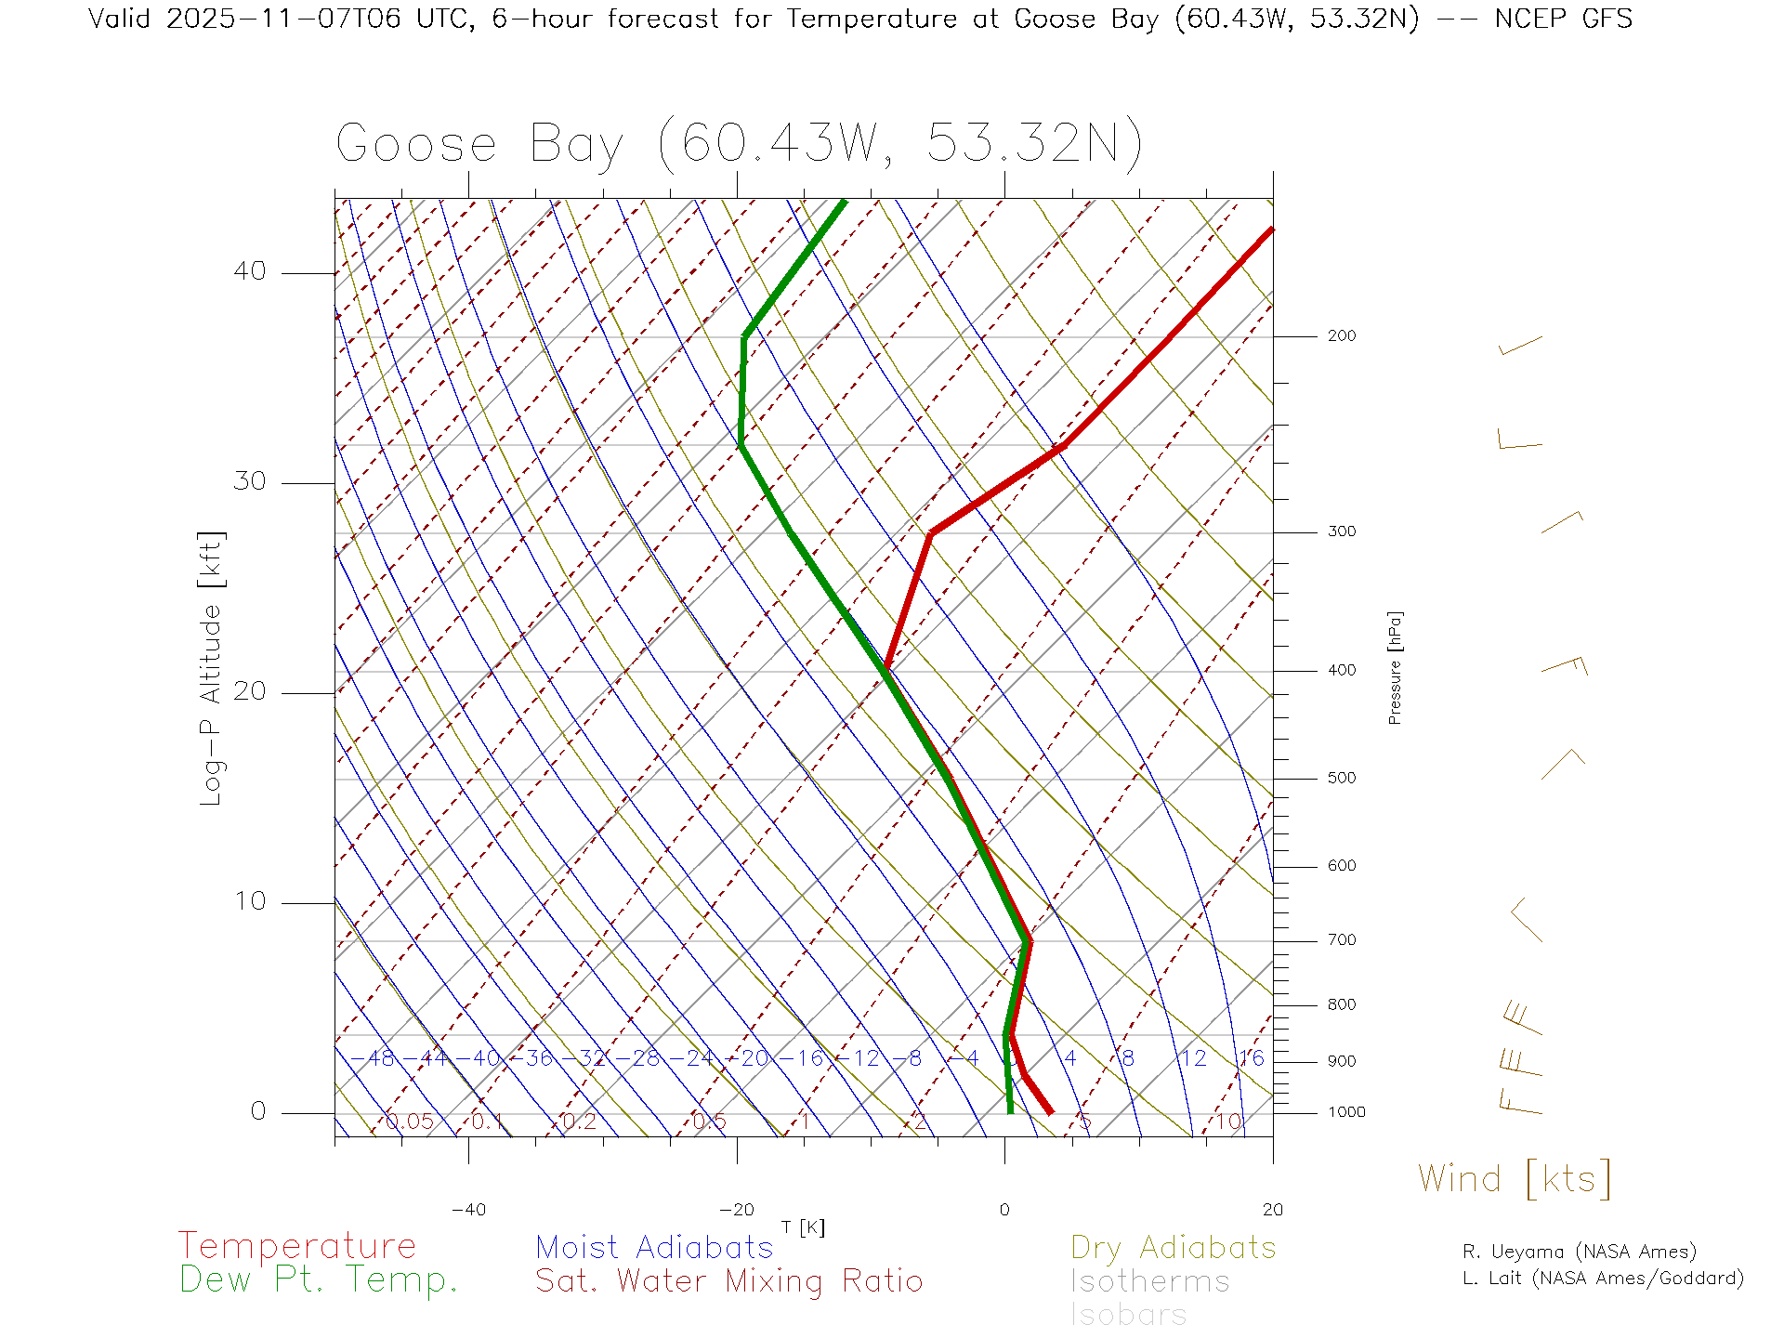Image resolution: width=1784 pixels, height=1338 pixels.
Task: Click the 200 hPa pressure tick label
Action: click(x=1341, y=336)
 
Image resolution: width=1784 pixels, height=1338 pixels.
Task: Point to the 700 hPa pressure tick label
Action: click(x=1341, y=940)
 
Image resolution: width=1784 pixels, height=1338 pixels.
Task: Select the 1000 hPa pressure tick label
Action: click(x=1345, y=1112)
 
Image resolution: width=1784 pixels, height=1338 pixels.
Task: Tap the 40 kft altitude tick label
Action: click(x=249, y=271)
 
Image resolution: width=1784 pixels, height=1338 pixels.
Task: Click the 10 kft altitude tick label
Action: click(x=249, y=901)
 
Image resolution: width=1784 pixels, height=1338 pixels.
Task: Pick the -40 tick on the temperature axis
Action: click(x=468, y=1210)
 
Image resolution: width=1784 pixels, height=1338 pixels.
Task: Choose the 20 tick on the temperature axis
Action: click(x=1272, y=1210)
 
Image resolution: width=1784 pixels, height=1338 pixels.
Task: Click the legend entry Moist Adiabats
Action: click(x=654, y=1248)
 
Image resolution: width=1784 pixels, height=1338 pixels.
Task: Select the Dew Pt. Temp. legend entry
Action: click(x=319, y=1280)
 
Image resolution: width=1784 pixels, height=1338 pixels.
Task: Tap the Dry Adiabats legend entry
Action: click(x=1173, y=1248)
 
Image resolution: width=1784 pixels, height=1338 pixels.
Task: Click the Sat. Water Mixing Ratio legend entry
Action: click(x=728, y=1281)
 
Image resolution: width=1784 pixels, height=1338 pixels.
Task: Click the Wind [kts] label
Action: click(x=1514, y=1179)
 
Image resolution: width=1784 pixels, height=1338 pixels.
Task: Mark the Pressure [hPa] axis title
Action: click(x=1395, y=667)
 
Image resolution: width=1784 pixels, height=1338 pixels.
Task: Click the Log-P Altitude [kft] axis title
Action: click(x=212, y=668)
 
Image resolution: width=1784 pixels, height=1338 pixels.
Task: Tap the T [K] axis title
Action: click(x=803, y=1228)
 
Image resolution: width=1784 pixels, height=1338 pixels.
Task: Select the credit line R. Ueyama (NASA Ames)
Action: click(x=1579, y=1252)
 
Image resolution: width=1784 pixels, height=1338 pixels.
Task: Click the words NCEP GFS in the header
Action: click(x=1563, y=19)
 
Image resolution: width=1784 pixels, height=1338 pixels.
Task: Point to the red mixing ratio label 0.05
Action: click(x=409, y=1122)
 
